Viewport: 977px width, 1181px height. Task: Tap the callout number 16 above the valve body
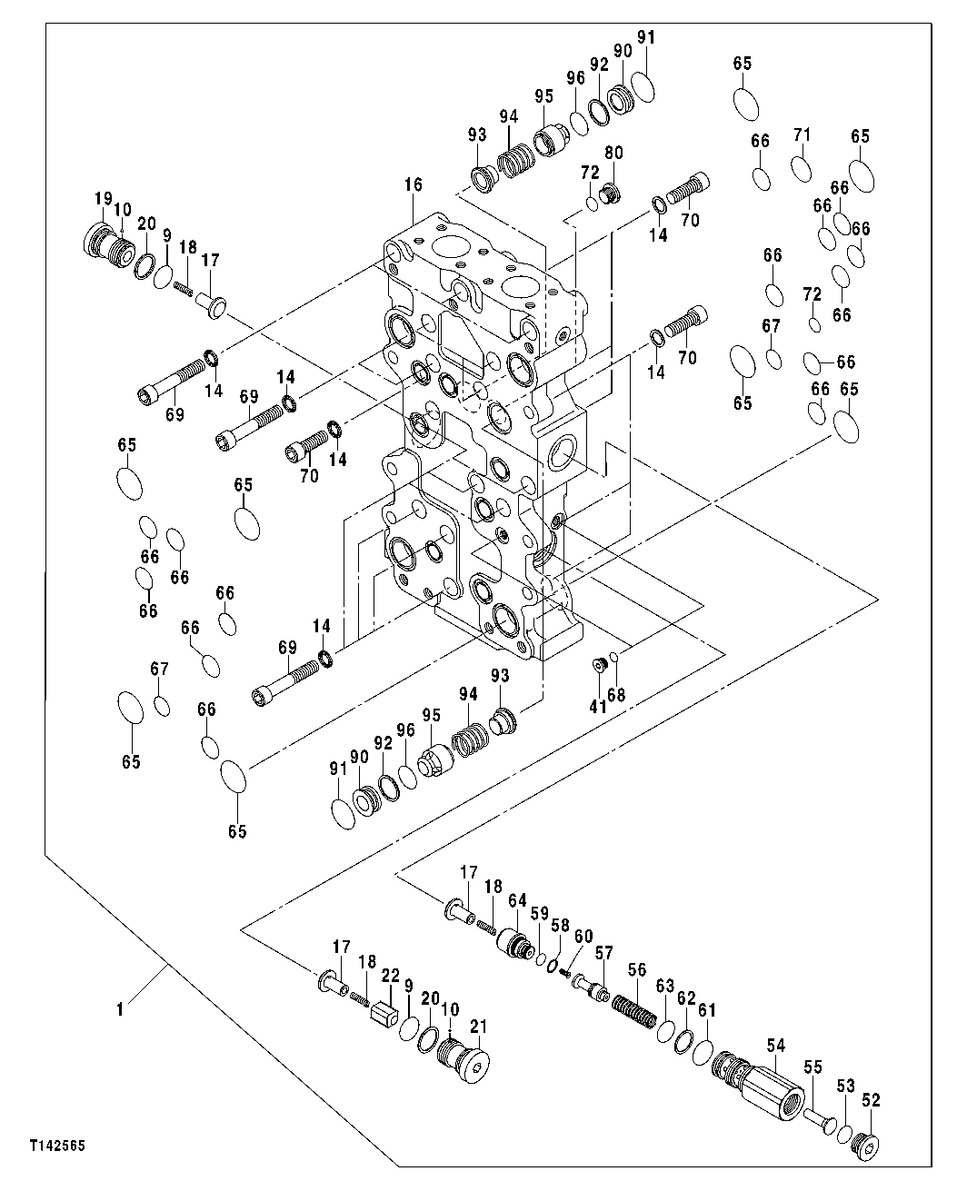coord(414,185)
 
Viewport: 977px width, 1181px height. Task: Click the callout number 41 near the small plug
coord(596,705)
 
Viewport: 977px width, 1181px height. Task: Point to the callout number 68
coord(616,696)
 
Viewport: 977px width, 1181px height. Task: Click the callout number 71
coord(801,135)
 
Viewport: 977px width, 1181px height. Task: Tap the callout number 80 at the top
coord(613,153)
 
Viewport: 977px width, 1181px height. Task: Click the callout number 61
coord(707,1009)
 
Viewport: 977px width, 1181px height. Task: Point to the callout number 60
coord(583,936)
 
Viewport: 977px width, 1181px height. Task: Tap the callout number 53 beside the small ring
coord(845,1086)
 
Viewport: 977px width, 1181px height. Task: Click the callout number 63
coord(664,987)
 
